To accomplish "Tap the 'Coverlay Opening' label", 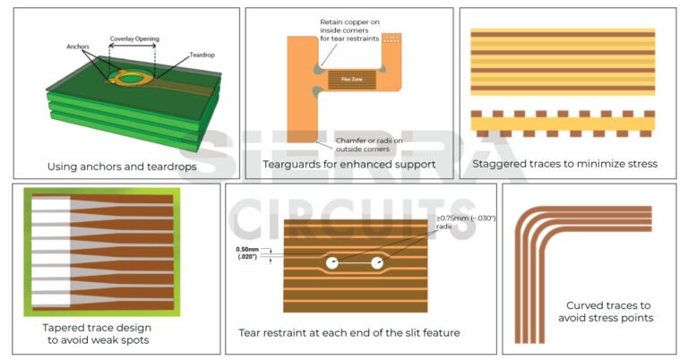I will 134,39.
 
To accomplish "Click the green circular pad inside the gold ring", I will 133,78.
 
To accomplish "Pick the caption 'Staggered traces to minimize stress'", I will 564,164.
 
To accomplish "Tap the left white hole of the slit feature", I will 331,263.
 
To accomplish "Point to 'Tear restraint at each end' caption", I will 348,333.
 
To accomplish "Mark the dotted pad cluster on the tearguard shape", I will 391,40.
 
